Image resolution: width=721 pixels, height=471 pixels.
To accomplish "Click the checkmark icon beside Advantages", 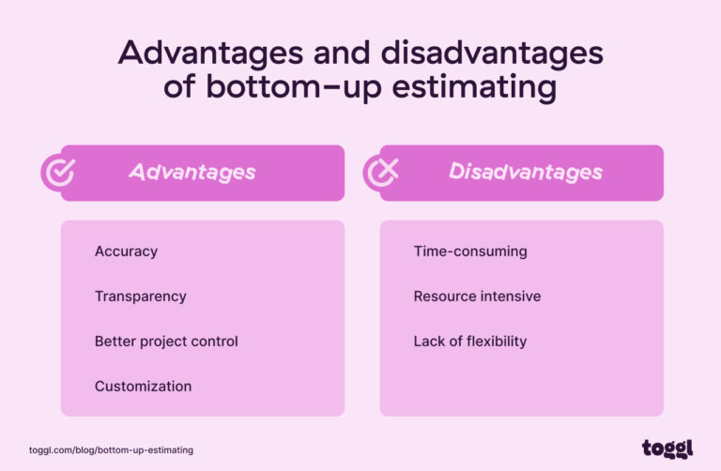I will coord(57,173).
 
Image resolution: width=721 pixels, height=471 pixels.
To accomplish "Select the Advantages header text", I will coord(192,173).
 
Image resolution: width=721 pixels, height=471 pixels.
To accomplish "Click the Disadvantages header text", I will coord(525,173).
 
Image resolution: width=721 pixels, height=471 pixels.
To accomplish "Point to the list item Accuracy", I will coord(126,251).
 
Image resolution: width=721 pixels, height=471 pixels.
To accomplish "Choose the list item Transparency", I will coord(140,296).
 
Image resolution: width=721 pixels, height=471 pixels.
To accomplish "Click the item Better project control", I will coord(166,342).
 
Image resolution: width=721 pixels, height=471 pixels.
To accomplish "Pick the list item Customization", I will coord(143,387).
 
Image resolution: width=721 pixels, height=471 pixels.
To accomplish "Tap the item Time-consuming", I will coord(469,251).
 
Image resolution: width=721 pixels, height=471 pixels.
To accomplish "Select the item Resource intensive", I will coord(477,296).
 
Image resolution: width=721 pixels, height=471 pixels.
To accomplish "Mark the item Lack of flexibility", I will coord(469,342).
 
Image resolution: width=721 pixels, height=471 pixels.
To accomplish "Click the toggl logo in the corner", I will coord(667,448).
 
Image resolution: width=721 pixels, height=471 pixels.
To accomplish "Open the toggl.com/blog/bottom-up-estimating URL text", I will coord(111,450).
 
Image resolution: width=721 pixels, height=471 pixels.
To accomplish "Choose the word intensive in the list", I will coord(509,296).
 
